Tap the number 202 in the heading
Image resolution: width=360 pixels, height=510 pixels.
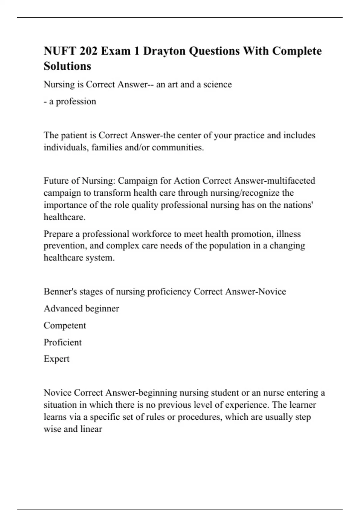pyautogui.click(x=88, y=51)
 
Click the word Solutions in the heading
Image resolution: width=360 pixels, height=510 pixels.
pyautogui.click(x=67, y=66)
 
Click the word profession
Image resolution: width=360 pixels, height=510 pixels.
pyautogui.click(x=76, y=101)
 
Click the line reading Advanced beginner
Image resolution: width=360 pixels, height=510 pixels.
pyautogui.click(x=81, y=309)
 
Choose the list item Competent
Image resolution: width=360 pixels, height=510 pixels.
pyautogui.click(x=65, y=325)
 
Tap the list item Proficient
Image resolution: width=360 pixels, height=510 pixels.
pyautogui.click(x=62, y=342)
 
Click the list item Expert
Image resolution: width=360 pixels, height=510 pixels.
pyautogui.click(x=56, y=359)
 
